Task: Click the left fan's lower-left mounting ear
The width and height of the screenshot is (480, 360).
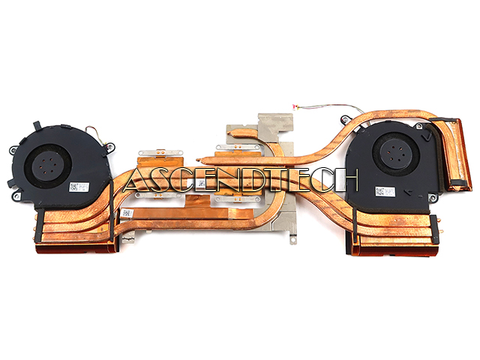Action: pos(9,183)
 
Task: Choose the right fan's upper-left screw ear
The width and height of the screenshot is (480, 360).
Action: pos(342,119)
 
